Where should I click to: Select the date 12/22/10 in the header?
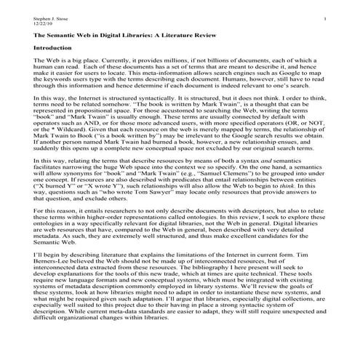(23, 21)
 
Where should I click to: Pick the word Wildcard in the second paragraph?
(57, 135)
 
